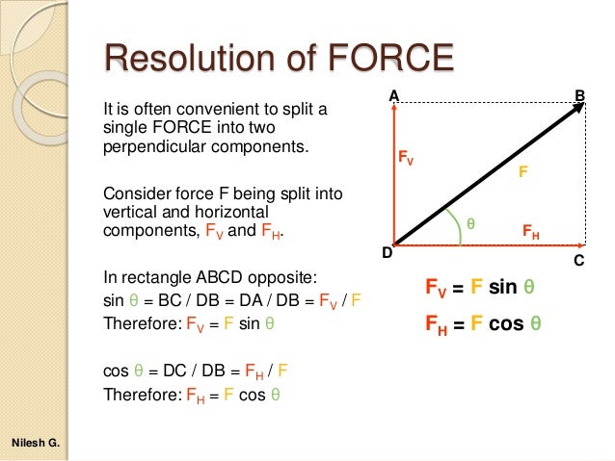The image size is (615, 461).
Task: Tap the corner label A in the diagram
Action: tap(393, 96)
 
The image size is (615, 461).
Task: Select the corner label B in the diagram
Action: tap(579, 95)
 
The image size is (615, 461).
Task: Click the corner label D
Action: tap(386, 253)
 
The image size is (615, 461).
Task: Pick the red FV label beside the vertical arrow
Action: tap(406, 158)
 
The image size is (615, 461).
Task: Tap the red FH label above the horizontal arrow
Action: tap(531, 232)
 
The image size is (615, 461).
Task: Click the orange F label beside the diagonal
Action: tap(522, 171)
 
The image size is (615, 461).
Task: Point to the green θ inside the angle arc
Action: tap(471, 222)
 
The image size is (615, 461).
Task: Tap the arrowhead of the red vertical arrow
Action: tap(393, 109)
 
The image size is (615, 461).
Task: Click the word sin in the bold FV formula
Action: tap(504, 288)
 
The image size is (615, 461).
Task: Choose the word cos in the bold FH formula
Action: tap(507, 323)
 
